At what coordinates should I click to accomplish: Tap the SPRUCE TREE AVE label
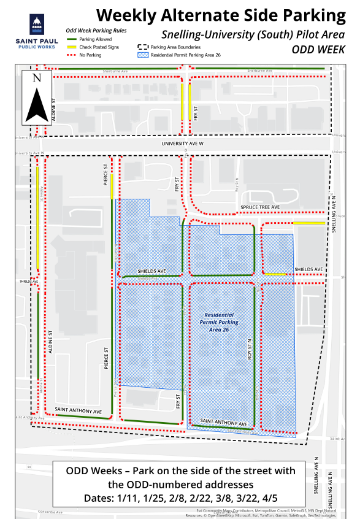pyautogui.click(x=260, y=207)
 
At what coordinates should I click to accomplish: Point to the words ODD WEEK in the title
pyautogui.click(x=318, y=50)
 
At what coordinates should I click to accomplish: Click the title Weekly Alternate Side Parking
pyautogui.click(x=221, y=15)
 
